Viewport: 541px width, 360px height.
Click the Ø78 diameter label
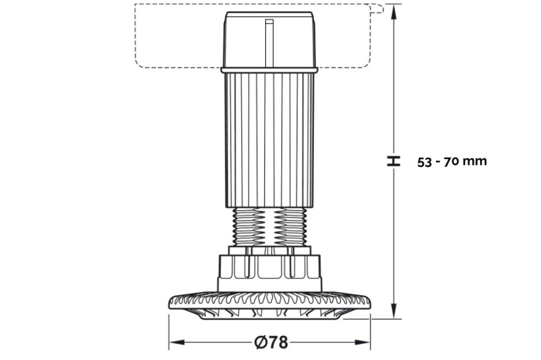tap(270, 342)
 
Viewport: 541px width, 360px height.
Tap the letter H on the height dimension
tap(393, 161)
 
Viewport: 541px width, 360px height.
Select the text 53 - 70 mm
tap(452, 161)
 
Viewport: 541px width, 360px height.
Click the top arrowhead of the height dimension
tap(393, 12)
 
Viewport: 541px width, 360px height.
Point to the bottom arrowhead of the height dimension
tap(393, 311)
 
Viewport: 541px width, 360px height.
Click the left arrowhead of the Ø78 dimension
tap(177, 342)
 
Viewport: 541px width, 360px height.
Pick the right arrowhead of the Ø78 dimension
tap(362, 342)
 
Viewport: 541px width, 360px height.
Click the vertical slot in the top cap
tap(269, 42)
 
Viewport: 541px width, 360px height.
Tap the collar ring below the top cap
tap(269, 70)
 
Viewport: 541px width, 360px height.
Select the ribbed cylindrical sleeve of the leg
tap(269, 140)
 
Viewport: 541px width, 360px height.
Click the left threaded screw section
tap(249, 226)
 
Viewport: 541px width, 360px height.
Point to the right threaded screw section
tap(290, 226)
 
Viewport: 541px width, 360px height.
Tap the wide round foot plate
tap(270, 305)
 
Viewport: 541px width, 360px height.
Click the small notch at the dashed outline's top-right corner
tap(378, 8)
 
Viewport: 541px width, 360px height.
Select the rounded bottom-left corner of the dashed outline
tap(138, 64)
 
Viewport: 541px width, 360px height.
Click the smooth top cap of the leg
tap(269, 39)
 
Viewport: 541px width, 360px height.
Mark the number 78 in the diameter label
tap(279, 342)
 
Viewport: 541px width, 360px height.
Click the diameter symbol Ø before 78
tap(261, 342)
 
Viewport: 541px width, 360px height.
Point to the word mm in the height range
tap(475, 161)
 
